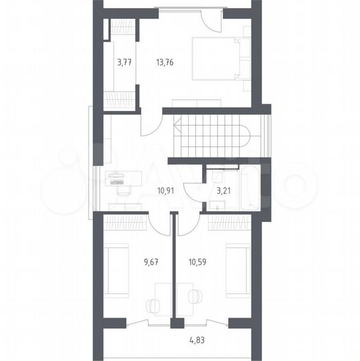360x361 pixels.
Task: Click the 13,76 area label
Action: tap(165, 62)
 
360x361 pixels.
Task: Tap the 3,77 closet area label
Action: tap(124, 62)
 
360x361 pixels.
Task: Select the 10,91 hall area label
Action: tap(166, 191)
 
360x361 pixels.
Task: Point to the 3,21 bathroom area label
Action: tap(223, 191)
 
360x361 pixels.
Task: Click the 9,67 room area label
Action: tap(151, 262)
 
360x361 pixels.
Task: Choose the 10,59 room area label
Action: tap(197, 262)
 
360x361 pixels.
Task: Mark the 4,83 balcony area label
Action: tap(197, 340)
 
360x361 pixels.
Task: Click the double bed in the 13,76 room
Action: tap(221, 59)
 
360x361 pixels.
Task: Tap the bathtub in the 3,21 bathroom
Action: tap(250, 187)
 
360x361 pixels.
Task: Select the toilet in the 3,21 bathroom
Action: tap(217, 176)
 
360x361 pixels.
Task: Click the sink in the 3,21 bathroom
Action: tap(217, 205)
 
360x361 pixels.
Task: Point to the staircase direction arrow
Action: tap(178, 126)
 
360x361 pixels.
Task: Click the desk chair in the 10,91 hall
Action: tap(124, 191)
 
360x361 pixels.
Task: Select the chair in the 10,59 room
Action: tap(195, 297)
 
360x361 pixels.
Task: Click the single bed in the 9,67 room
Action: tap(116, 271)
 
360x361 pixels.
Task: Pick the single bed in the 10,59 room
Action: tap(238, 271)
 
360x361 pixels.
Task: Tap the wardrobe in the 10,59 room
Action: tap(230, 222)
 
